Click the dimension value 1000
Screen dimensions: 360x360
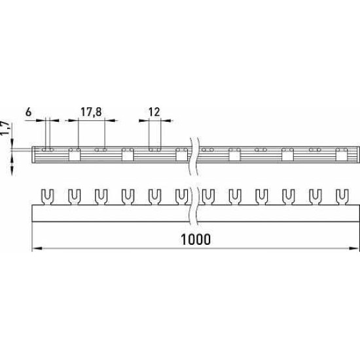tap(196, 239)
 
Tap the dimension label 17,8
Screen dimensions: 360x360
tap(91, 112)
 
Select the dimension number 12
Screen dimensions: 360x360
tap(154, 112)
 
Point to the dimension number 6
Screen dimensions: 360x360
tap(28, 112)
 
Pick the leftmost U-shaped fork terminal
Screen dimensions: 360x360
tap(47, 197)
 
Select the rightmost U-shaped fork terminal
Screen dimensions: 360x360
tap(342, 197)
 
